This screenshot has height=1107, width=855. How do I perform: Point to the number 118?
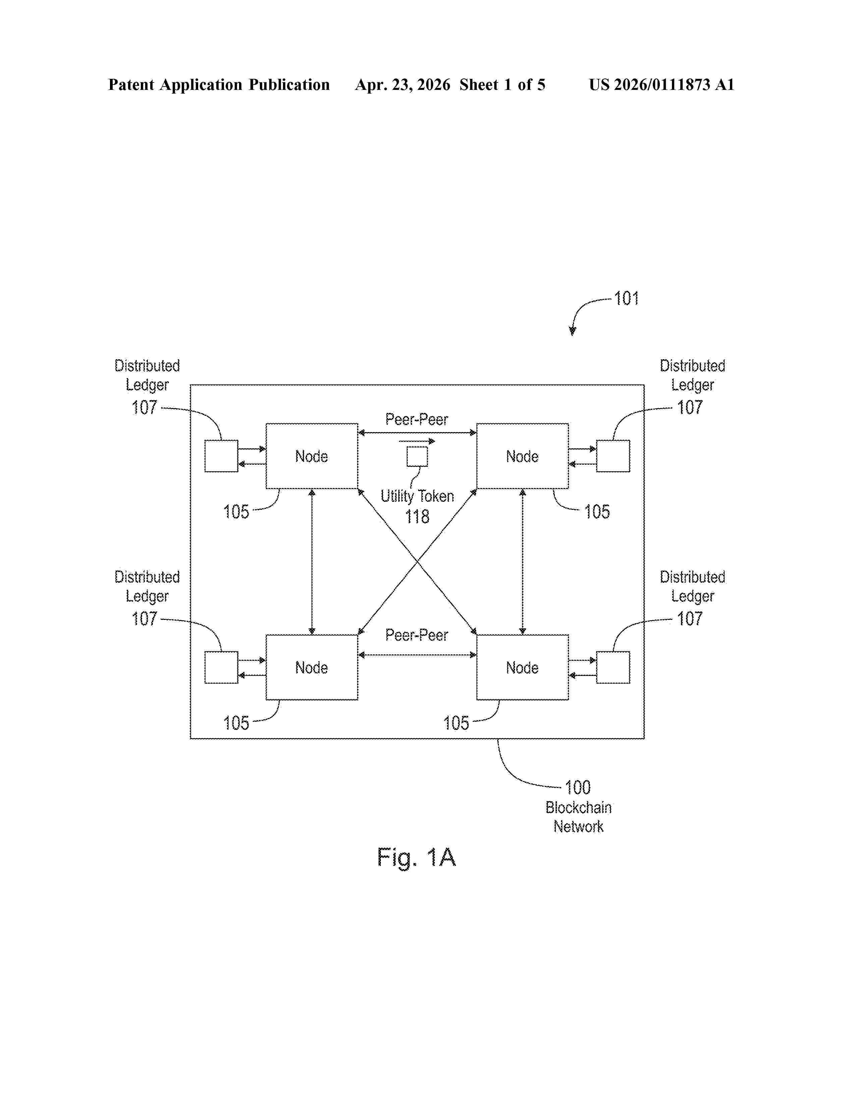pos(417,517)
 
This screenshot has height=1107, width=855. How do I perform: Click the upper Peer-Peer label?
pos(416,419)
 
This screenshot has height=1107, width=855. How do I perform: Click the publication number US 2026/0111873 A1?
pos(662,85)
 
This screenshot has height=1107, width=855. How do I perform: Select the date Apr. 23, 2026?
pos(403,85)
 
